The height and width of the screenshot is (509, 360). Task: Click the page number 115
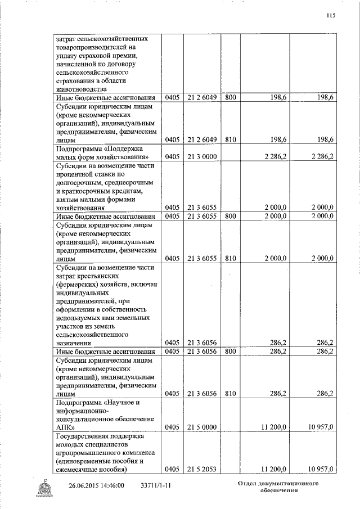click(331, 16)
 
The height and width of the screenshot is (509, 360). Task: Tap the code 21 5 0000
click(202, 427)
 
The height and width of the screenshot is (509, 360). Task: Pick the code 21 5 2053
click(202, 469)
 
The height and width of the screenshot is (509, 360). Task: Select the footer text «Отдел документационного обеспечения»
click(278, 487)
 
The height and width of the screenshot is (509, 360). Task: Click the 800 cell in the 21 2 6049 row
click(230, 97)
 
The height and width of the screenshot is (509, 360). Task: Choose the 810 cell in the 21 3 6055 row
click(230, 258)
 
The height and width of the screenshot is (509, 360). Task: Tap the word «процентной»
click(79, 174)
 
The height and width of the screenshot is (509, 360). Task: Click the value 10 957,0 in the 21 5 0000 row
click(319, 427)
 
